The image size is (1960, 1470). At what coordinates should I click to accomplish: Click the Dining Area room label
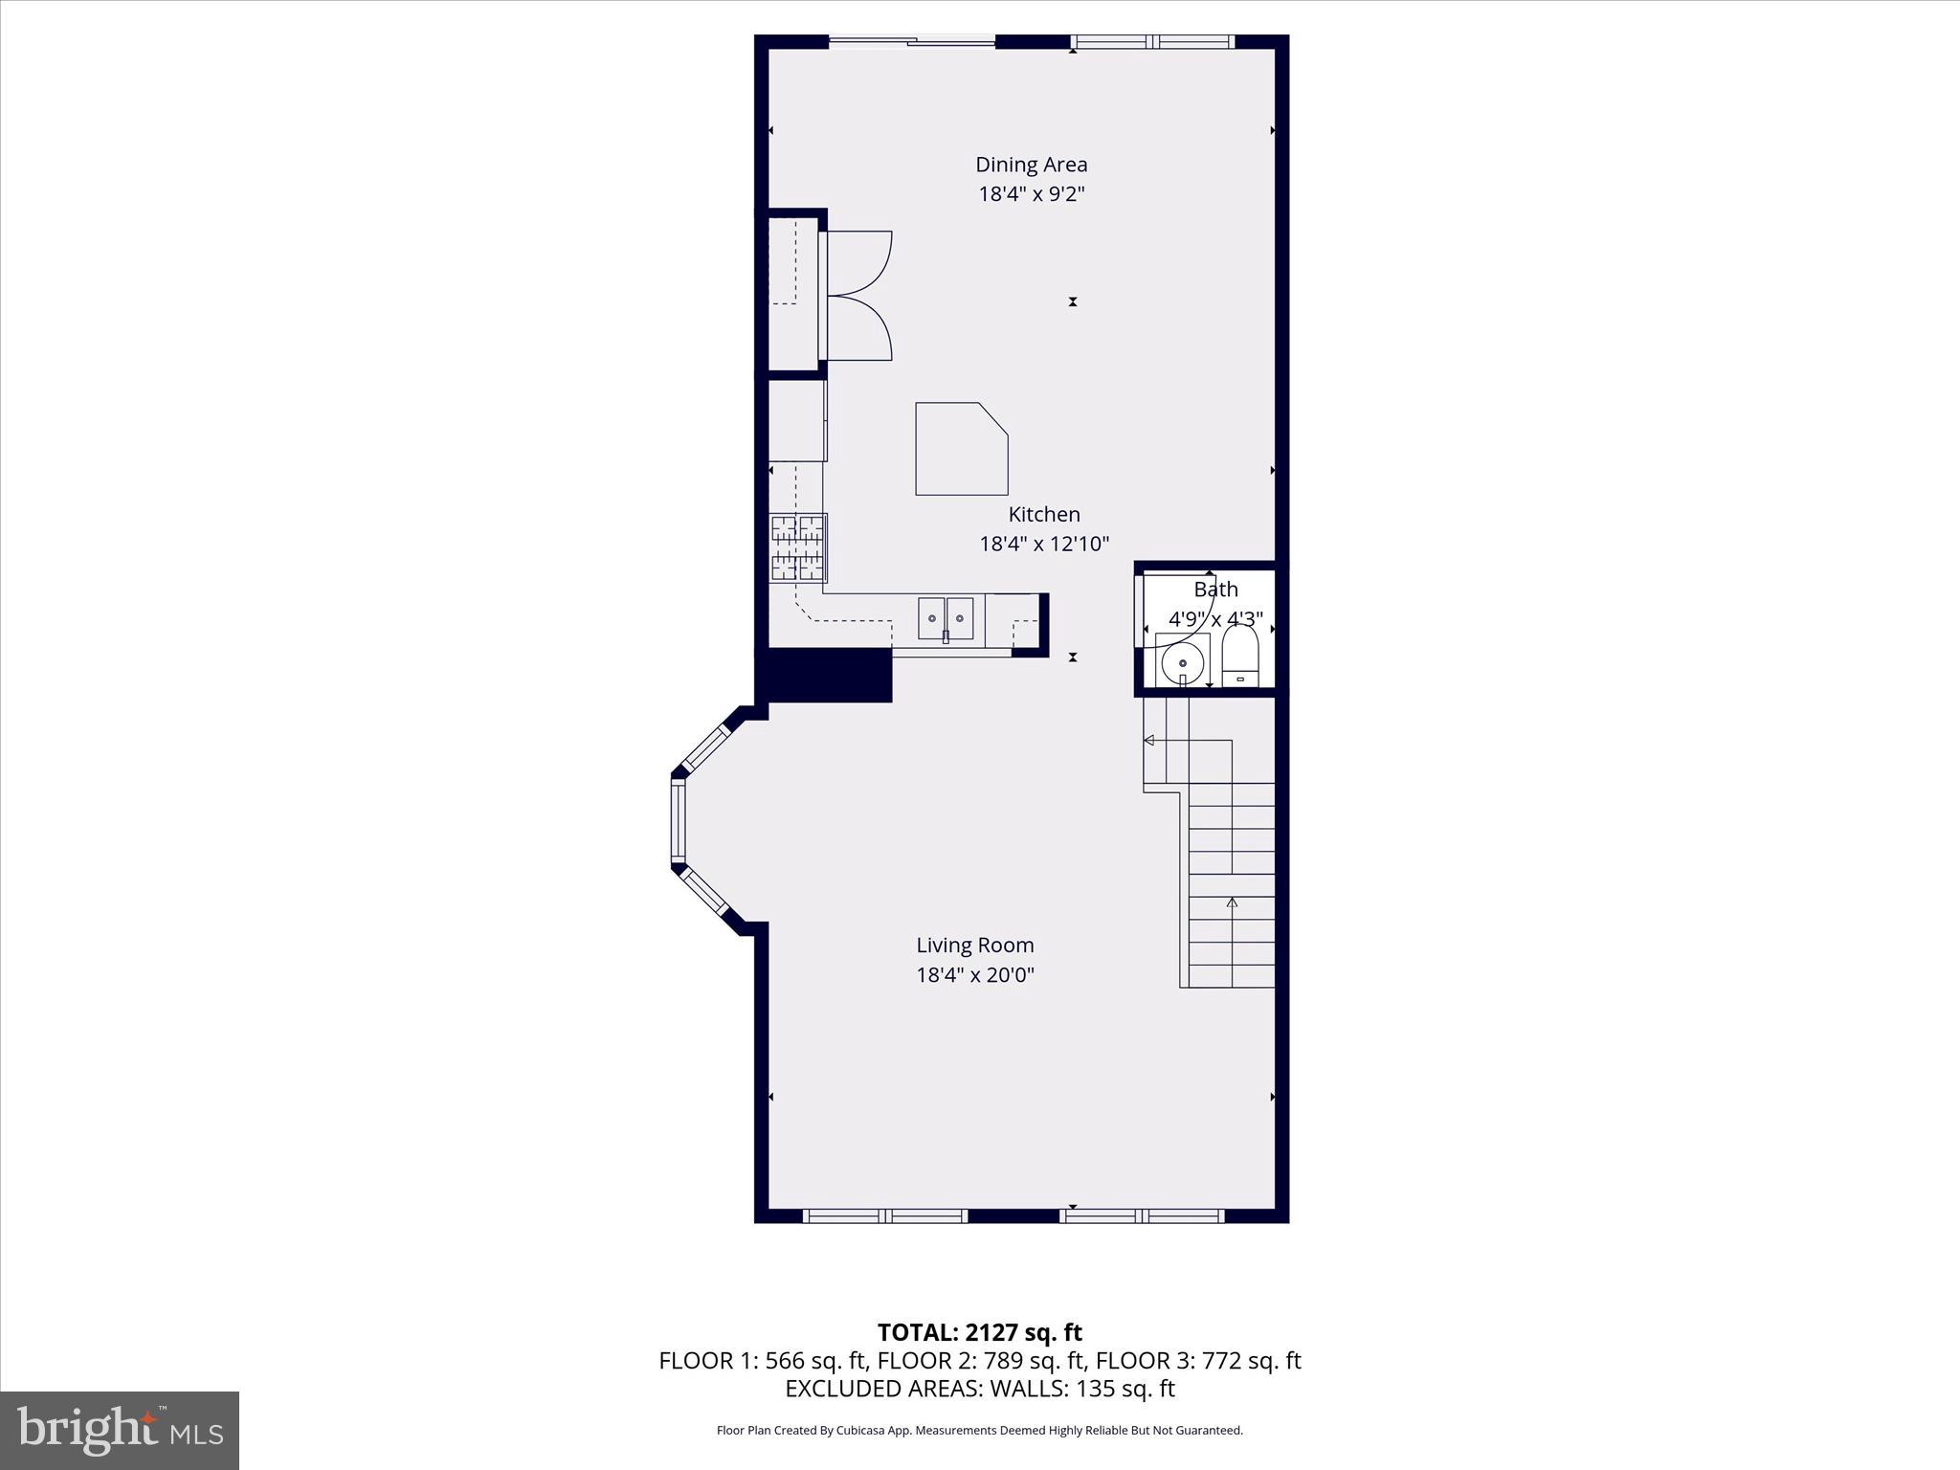click(1031, 165)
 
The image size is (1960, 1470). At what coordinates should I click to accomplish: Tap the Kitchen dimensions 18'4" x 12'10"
click(1043, 545)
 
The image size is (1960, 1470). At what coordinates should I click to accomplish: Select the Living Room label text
click(974, 946)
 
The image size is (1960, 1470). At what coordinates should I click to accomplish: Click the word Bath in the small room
click(1215, 590)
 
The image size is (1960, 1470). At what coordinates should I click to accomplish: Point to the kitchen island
click(959, 449)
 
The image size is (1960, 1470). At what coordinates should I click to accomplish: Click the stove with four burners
click(798, 548)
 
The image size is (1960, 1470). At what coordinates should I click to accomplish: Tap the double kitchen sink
click(946, 617)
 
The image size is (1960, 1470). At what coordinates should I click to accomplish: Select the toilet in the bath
click(1240, 656)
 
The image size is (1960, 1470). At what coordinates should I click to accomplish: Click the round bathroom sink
click(1183, 661)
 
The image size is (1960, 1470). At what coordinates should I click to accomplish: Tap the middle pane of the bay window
click(679, 821)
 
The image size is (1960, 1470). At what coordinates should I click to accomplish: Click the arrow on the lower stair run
click(1232, 902)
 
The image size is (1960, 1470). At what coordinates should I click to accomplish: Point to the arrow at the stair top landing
click(1149, 740)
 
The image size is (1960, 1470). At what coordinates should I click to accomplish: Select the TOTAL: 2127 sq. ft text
click(979, 1332)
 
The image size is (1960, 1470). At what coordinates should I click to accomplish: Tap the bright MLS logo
click(119, 1431)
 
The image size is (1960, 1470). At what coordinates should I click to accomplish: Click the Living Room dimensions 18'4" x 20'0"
click(974, 975)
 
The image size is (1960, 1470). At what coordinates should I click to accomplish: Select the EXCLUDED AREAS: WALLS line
click(979, 1389)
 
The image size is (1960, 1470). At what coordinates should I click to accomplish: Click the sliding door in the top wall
click(911, 41)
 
